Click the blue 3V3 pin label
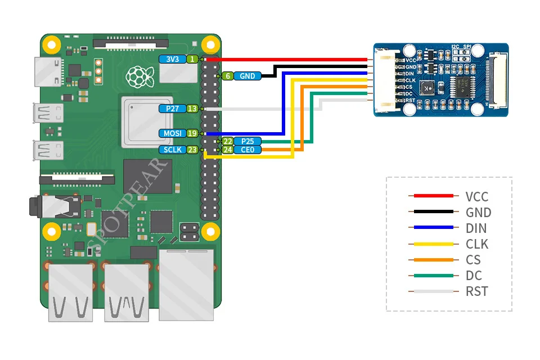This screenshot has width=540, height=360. pyautogui.click(x=172, y=59)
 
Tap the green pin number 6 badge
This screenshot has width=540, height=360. pyautogui.click(x=227, y=76)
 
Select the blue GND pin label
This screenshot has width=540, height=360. pyautogui.click(x=247, y=76)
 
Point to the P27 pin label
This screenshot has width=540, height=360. pyautogui.click(x=172, y=109)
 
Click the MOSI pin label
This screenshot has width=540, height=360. pyautogui.click(x=172, y=133)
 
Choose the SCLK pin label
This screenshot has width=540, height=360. pyautogui.click(x=172, y=150)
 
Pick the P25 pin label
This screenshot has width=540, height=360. pyautogui.click(x=247, y=141)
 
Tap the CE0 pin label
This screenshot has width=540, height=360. pyautogui.click(x=247, y=150)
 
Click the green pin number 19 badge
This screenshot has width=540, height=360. pyautogui.click(x=192, y=133)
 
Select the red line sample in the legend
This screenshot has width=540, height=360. pyautogui.click(x=434, y=196)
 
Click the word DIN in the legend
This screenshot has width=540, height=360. pyautogui.click(x=476, y=228)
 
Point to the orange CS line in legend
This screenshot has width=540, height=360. pyautogui.click(x=434, y=260)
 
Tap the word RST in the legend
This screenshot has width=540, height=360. pyautogui.click(x=476, y=291)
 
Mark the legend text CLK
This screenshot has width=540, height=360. pyautogui.click(x=476, y=244)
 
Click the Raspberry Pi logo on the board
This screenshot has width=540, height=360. pyautogui.click(x=135, y=75)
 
